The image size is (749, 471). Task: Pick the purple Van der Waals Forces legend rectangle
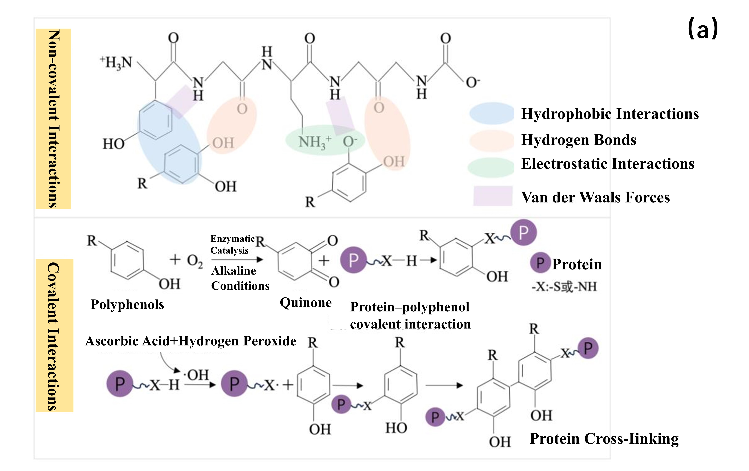493,196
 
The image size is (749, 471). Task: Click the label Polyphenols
127,304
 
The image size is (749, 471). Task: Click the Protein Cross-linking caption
604,439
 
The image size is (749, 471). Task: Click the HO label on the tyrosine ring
114,144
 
